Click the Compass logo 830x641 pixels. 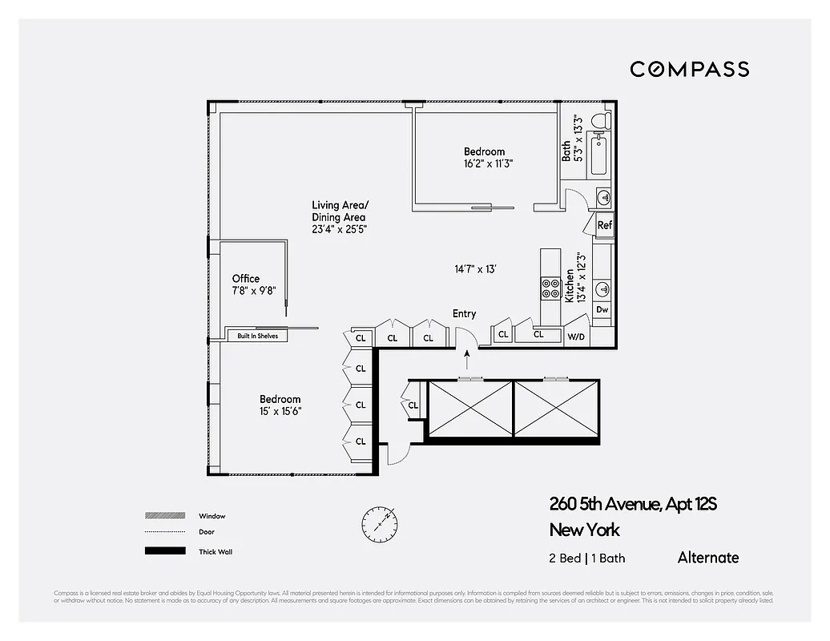pyautogui.click(x=689, y=69)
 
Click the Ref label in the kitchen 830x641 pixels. pyautogui.click(x=605, y=225)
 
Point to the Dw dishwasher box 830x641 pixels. pyautogui.click(x=602, y=309)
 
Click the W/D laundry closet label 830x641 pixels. pyautogui.click(x=576, y=337)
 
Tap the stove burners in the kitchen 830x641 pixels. pyautogui.click(x=551, y=288)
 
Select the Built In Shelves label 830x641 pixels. pyautogui.click(x=257, y=336)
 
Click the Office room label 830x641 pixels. pyautogui.click(x=246, y=279)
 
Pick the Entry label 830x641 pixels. pyautogui.click(x=464, y=313)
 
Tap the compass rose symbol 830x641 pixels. pyautogui.click(x=377, y=523)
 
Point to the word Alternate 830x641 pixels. pyautogui.click(x=708, y=558)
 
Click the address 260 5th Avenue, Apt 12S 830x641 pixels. pyautogui.click(x=633, y=504)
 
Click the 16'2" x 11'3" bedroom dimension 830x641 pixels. pyautogui.click(x=487, y=163)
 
